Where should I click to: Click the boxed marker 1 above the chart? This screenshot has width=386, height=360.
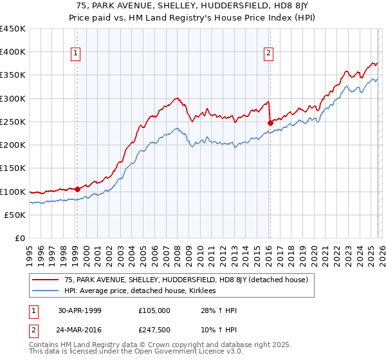[x=77, y=53]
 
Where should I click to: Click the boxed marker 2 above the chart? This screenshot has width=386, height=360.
[x=268, y=53]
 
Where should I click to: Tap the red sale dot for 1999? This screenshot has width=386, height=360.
[x=77, y=189]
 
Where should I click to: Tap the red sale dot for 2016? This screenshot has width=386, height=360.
[x=270, y=122]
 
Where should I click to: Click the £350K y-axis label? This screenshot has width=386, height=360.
[x=13, y=75]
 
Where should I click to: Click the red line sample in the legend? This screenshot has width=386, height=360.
[x=46, y=280]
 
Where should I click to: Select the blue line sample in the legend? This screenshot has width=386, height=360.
[x=46, y=291]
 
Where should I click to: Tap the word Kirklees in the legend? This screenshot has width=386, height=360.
[x=201, y=291]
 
